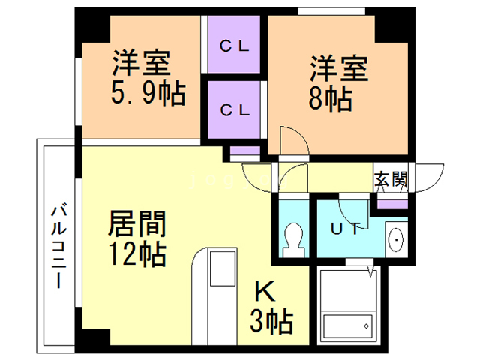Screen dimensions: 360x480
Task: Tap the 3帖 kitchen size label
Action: pos(270,322)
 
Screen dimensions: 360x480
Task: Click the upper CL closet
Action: pos(235,45)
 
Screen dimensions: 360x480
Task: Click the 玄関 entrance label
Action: pos(391,179)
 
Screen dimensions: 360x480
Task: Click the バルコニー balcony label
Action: pos(58,247)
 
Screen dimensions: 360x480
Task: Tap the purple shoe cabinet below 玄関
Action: pos(391,203)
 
